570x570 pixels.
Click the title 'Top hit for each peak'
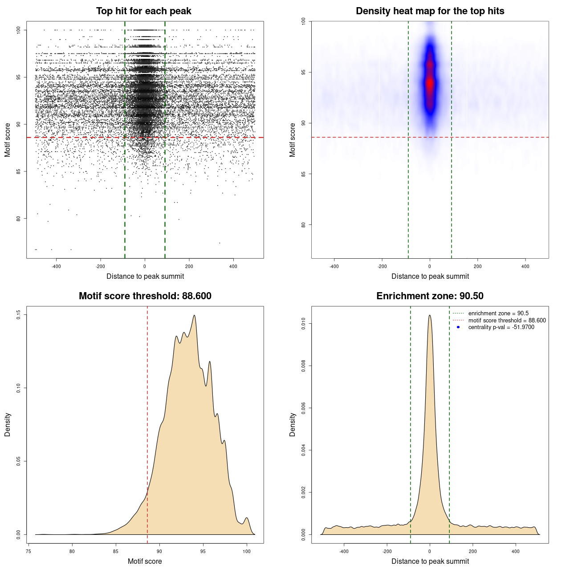coord(143,11)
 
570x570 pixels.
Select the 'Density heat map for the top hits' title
coord(430,11)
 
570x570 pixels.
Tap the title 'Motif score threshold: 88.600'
coord(145,296)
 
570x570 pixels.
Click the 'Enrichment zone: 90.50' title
coord(430,296)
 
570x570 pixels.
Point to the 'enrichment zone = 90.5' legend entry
coord(498,313)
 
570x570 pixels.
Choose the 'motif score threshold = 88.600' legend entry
coord(507,320)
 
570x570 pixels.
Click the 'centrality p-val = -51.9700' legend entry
coord(501,327)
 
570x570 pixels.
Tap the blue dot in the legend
coord(458,327)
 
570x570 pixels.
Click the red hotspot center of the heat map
coord(430,83)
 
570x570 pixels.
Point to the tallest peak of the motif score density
coord(194,316)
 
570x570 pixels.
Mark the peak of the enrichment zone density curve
coord(430,315)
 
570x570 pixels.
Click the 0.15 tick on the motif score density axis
coord(19,315)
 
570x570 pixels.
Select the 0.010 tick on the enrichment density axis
coord(304,324)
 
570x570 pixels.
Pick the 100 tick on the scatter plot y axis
coord(19,30)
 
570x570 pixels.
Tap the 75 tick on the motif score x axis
coord(28,551)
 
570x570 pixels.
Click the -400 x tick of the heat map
coord(334,266)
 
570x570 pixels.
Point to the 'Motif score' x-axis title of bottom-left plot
coord(145,561)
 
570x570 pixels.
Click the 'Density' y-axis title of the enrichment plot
coord(293,424)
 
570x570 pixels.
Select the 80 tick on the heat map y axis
coord(304,225)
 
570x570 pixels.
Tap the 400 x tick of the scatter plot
coord(233,266)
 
